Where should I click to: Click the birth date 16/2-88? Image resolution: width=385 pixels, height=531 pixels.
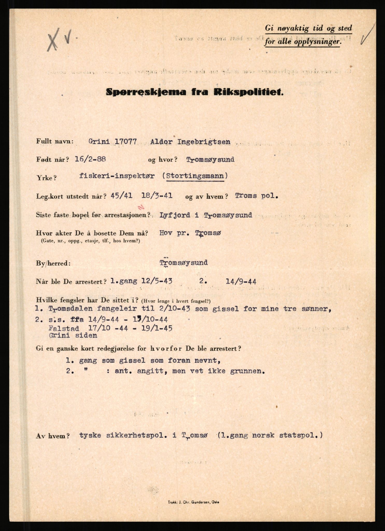pos(90,159)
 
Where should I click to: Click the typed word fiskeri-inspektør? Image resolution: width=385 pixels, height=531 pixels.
pos(117,176)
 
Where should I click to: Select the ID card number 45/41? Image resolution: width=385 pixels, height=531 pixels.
pos(121,195)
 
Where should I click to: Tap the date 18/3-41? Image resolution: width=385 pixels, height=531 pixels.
pos(157,195)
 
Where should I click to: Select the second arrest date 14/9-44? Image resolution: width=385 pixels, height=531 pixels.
pos(241,281)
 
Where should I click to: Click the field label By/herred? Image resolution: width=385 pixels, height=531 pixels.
pos(53,263)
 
